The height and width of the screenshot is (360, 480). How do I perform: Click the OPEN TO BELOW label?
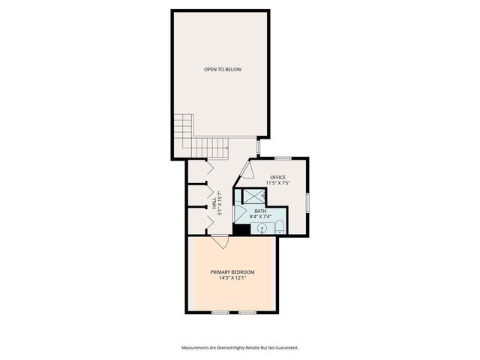[223, 70]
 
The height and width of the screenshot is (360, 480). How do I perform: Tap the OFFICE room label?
[277, 177]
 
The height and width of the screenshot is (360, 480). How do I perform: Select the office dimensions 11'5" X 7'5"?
[277, 183]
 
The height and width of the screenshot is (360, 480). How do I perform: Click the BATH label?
[260, 211]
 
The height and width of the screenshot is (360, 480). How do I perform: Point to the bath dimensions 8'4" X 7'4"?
[260, 217]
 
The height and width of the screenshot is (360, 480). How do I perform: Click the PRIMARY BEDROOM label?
[232, 271]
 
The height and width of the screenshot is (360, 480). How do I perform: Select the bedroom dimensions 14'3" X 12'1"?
[232, 278]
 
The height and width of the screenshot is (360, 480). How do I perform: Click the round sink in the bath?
[262, 228]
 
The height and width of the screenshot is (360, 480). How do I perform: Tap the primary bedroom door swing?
[219, 241]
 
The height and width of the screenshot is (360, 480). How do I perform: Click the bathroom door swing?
[240, 214]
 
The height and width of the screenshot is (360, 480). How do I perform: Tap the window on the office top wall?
[283, 157]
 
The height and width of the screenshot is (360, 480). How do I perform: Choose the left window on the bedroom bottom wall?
[220, 311]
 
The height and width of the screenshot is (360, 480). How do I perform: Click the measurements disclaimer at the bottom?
[240, 347]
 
